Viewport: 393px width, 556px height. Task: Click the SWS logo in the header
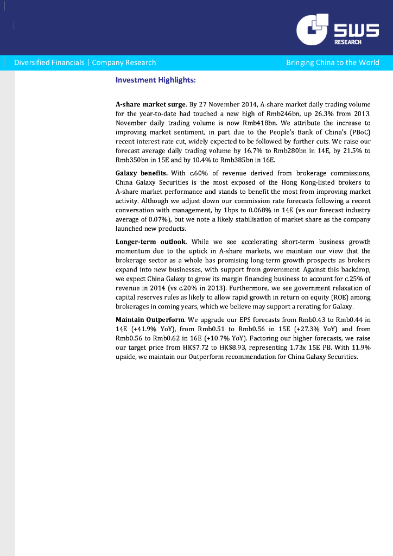click(337, 30)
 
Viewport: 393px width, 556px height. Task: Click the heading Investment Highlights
click(155, 80)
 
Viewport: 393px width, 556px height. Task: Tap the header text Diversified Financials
click(49, 62)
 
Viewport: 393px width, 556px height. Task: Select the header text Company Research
click(124, 62)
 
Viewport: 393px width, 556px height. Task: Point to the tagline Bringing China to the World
click(333, 62)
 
